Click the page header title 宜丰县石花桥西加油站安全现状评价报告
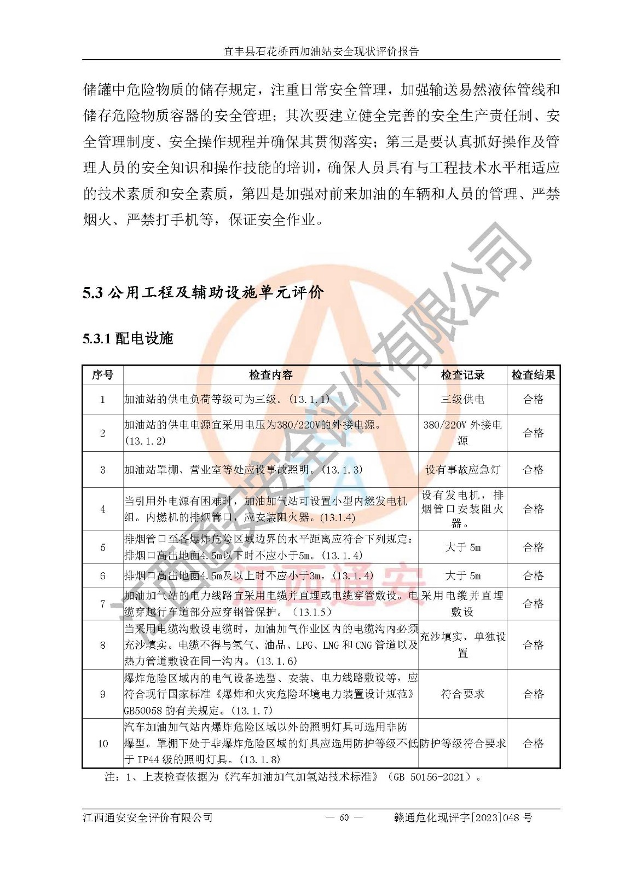coord(321,51)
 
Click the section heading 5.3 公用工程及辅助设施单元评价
coord(203,292)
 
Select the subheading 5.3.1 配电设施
coord(128,338)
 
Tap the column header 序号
coord(102,375)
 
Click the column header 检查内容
coord(271,375)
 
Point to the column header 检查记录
coord(462,375)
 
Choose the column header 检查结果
coord(533,375)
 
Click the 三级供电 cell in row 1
coord(462,399)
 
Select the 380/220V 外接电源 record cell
coord(462,433)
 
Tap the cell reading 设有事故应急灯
coord(462,470)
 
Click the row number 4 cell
coord(102,509)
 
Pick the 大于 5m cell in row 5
coord(462,547)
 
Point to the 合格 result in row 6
coord(533,575)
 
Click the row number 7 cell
coord(102,603)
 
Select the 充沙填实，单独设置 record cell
coord(462,644)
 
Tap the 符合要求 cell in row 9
coord(462,694)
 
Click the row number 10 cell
coord(102,744)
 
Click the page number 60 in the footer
coord(344,817)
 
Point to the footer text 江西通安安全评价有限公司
coord(148,817)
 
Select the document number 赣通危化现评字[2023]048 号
coord(463,817)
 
